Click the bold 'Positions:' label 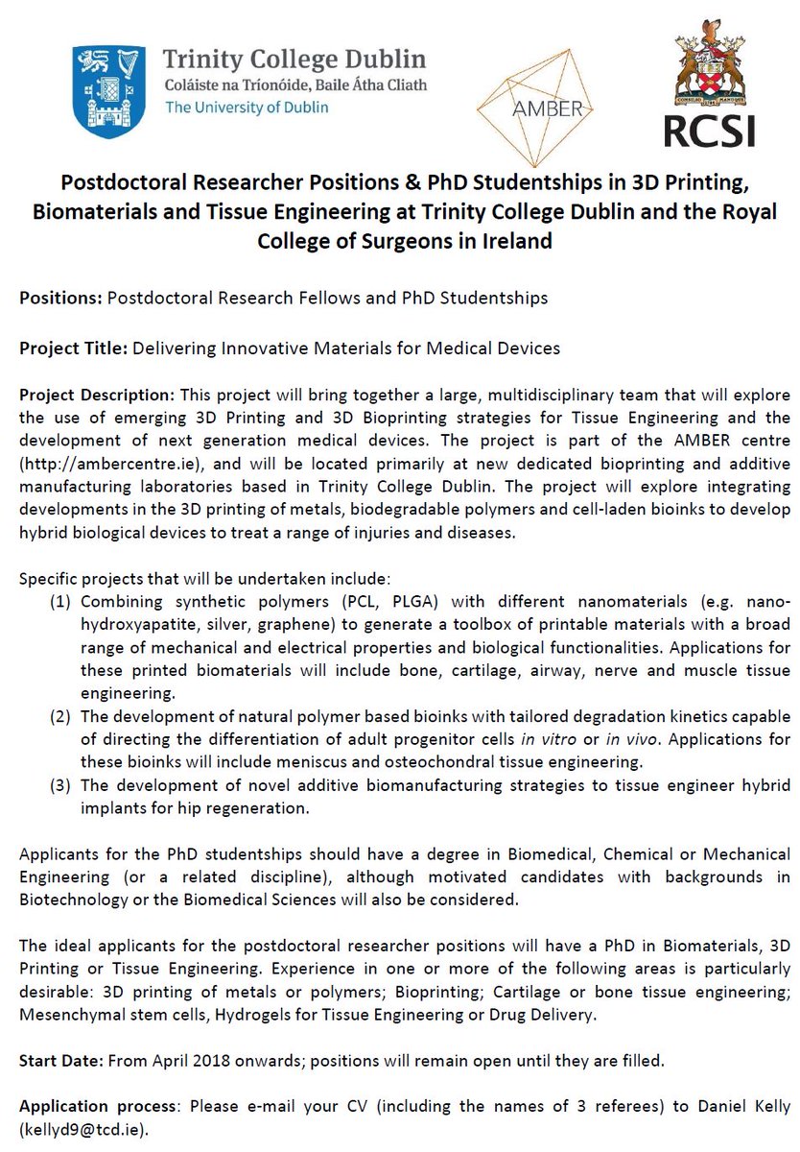pyautogui.click(x=60, y=298)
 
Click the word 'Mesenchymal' pyautogui.click(x=67, y=1015)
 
